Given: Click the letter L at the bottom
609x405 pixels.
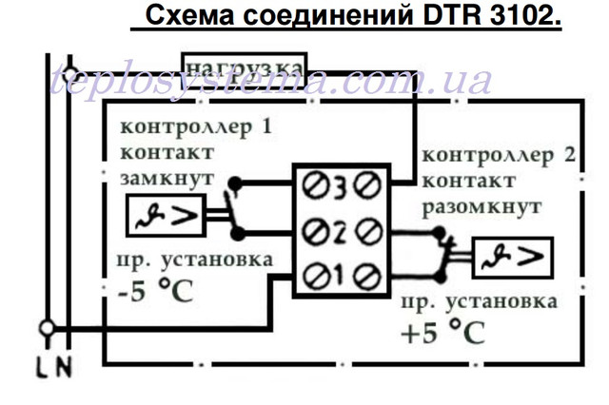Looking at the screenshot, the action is pyautogui.click(x=42, y=367).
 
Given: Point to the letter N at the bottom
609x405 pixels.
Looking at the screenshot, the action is pyautogui.click(x=64, y=367).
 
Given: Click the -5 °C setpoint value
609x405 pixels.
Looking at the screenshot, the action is pyautogui.click(x=155, y=291).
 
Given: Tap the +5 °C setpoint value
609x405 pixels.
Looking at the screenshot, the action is pyautogui.click(x=443, y=332).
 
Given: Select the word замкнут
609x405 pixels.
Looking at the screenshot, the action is pyautogui.click(x=167, y=179).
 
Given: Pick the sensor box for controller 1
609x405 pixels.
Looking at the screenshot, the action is pyautogui.click(x=166, y=216).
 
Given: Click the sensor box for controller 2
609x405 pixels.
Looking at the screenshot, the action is pyautogui.click(x=512, y=258).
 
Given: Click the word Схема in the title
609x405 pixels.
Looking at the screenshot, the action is pyautogui.click(x=190, y=15).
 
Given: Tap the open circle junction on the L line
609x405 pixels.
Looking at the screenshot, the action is pyautogui.click(x=47, y=328).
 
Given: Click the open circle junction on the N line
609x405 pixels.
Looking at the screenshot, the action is pyautogui.click(x=69, y=73).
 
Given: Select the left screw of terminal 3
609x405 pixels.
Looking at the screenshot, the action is pyautogui.click(x=314, y=185).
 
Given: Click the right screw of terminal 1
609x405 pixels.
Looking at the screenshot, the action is pyautogui.click(x=367, y=277).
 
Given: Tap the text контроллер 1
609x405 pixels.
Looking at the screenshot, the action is pyautogui.click(x=196, y=127).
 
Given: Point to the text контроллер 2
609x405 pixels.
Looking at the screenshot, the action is pyautogui.click(x=499, y=156).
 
